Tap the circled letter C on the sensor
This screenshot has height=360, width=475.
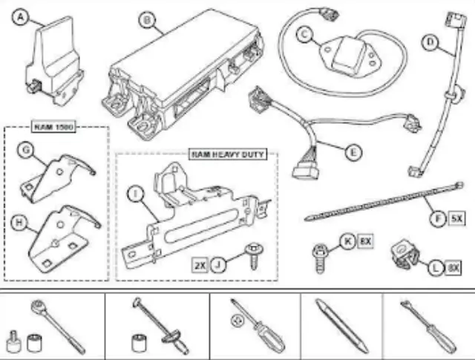click(303, 33)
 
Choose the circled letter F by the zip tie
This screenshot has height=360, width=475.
click(440, 220)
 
